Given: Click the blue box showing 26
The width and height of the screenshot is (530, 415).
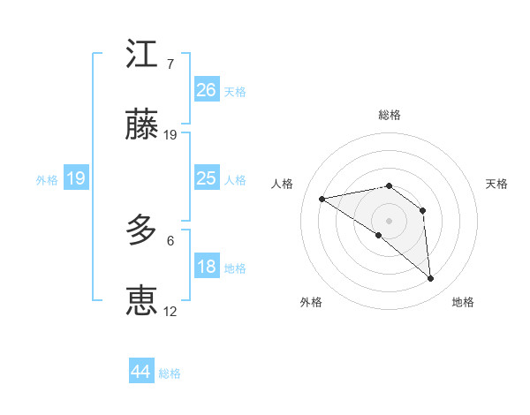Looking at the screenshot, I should point(206,90).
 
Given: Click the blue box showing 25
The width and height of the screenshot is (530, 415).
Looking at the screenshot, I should point(206,178).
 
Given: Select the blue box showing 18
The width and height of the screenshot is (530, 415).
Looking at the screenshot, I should point(206,267).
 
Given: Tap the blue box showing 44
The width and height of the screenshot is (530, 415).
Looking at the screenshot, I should point(141,372).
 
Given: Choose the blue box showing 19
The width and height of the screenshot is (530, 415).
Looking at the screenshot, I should point(75,178).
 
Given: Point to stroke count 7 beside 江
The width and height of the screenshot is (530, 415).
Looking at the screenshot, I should point(170,64).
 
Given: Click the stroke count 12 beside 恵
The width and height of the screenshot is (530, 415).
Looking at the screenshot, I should point(170,311).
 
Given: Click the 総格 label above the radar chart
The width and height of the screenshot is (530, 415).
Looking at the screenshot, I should point(389,116).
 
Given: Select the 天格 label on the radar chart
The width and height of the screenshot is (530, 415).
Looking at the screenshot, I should point(496,184).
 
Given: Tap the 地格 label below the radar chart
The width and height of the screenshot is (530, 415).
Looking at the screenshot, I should point(463,302).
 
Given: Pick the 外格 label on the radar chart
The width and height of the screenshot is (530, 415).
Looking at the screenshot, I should point(311,302).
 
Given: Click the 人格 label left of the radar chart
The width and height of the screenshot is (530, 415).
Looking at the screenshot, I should point(283,184).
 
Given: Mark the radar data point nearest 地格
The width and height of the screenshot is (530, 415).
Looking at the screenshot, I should point(431,279).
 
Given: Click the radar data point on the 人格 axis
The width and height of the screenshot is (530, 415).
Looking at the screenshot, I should point(322,199).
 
